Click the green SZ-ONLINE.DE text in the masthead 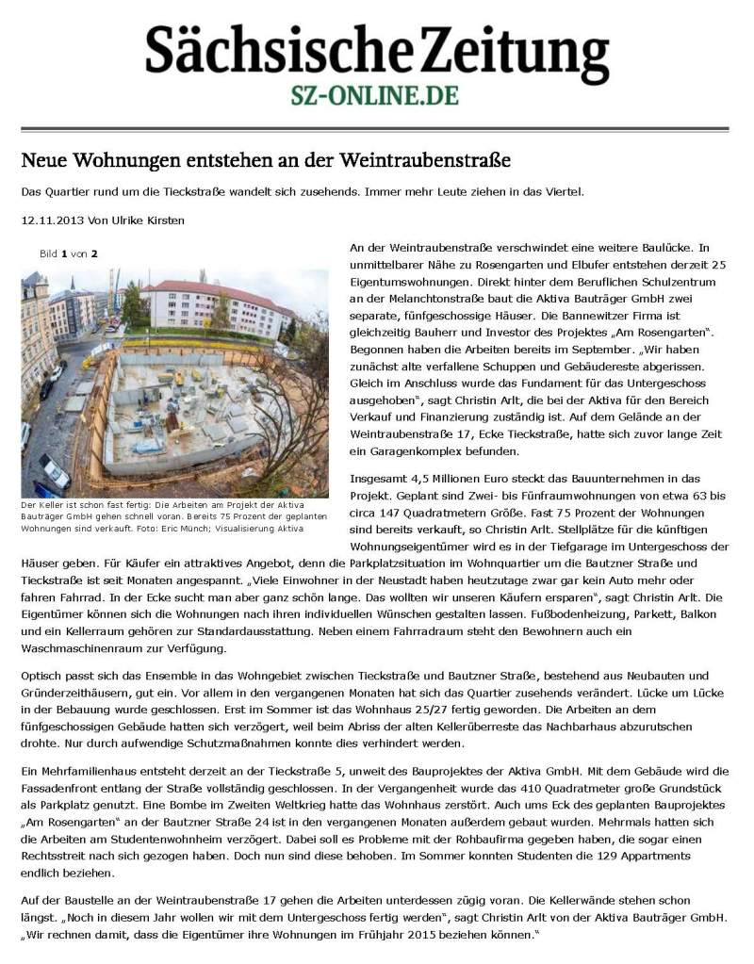376,95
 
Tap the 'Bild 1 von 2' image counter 69,253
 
